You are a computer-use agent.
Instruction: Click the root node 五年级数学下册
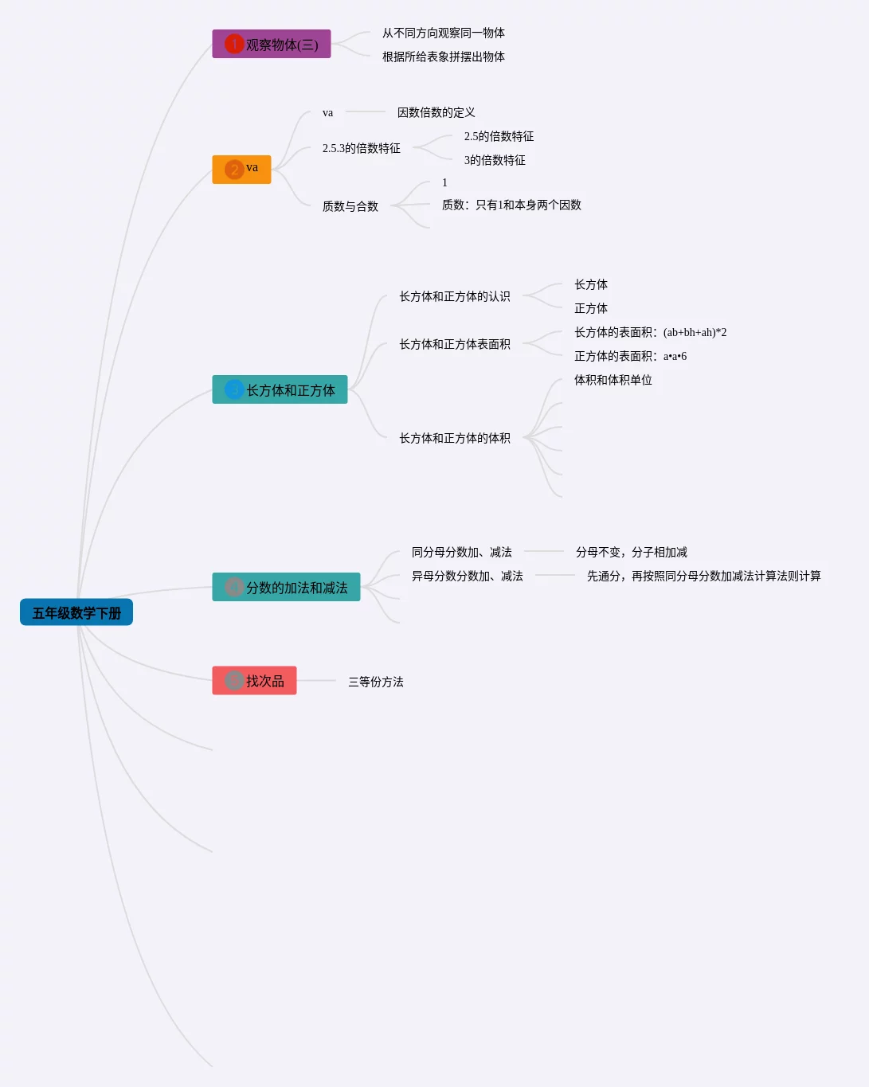coord(76,612)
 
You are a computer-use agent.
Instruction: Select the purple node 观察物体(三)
coord(271,45)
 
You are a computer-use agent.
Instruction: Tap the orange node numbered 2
coord(241,170)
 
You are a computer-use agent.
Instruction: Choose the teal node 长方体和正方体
coord(280,389)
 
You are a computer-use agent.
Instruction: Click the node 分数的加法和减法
coord(286,587)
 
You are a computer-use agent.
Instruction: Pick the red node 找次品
coord(254,681)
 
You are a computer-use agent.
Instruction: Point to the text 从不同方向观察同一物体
coord(443,33)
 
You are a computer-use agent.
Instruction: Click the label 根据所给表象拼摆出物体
coord(443,57)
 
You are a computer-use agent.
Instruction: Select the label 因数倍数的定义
coord(436,112)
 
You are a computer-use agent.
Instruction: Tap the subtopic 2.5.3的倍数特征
coord(361,148)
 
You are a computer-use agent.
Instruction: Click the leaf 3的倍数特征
coord(495,160)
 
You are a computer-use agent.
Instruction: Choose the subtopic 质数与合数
coord(350,206)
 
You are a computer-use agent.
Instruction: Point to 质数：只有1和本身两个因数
coord(511,205)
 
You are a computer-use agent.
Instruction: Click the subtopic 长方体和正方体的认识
coord(454,296)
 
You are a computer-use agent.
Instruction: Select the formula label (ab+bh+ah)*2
coord(695,332)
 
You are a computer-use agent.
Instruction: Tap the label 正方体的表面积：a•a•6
coord(630,356)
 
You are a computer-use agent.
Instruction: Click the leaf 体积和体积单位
coord(613,380)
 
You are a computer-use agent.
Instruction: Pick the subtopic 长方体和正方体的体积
coord(454,438)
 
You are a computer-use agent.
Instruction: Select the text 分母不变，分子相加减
coord(631,552)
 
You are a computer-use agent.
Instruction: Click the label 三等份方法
coord(375,682)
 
